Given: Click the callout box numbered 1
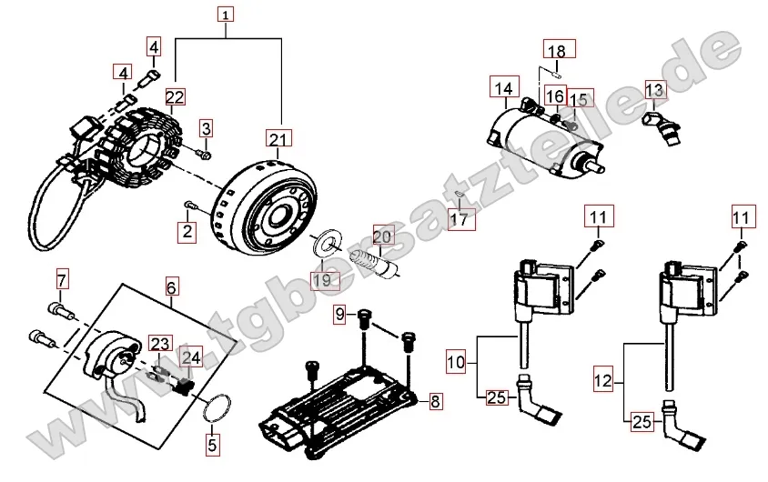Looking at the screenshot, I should tap(227, 14).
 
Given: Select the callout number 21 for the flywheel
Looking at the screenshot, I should tap(278, 138).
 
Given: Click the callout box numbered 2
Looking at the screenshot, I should tap(187, 232).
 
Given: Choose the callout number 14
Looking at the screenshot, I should tap(504, 88).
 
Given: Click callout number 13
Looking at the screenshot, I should tap(656, 89).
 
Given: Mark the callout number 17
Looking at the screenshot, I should tap(460, 219).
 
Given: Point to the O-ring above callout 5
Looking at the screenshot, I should tap(215, 408).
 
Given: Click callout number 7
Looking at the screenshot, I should tap(62, 278).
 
